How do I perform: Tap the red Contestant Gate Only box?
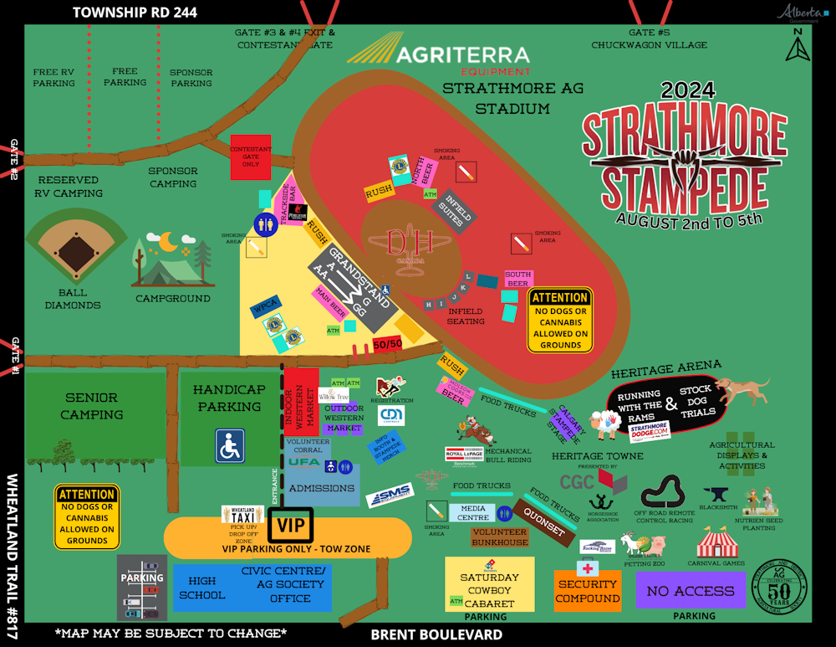(x=251, y=157)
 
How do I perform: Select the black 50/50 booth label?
(x=387, y=344)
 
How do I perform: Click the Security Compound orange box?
(x=588, y=591)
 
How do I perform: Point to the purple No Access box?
(x=690, y=591)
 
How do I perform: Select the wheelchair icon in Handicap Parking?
(x=230, y=445)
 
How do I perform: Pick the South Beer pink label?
(x=518, y=279)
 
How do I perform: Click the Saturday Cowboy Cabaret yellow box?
(x=489, y=584)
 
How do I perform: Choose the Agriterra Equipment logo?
(x=439, y=56)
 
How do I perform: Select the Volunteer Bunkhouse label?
(x=499, y=537)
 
